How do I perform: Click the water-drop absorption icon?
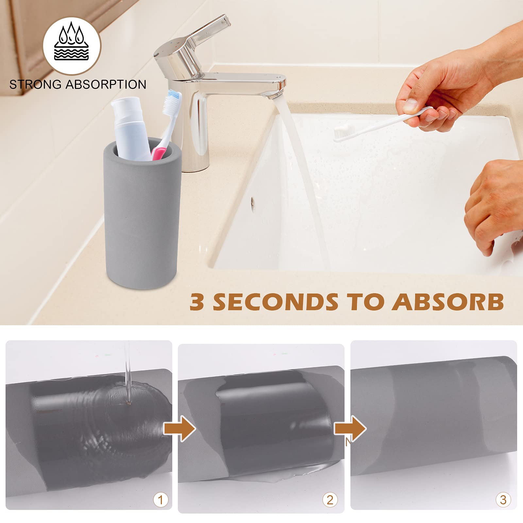(72, 46)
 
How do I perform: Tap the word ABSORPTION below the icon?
(106, 85)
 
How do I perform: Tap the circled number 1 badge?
(160, 500)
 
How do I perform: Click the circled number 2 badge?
(330, 500)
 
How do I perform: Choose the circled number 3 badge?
(503, 500)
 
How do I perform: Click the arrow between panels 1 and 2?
(179, 428)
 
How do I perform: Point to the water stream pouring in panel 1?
(128, 369)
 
